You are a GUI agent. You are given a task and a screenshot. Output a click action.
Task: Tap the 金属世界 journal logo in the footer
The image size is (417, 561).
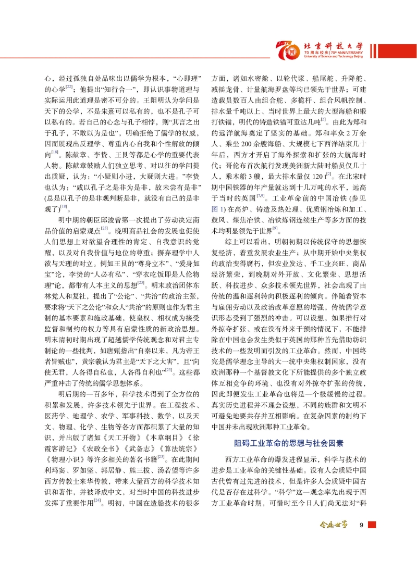pos(333,525)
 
